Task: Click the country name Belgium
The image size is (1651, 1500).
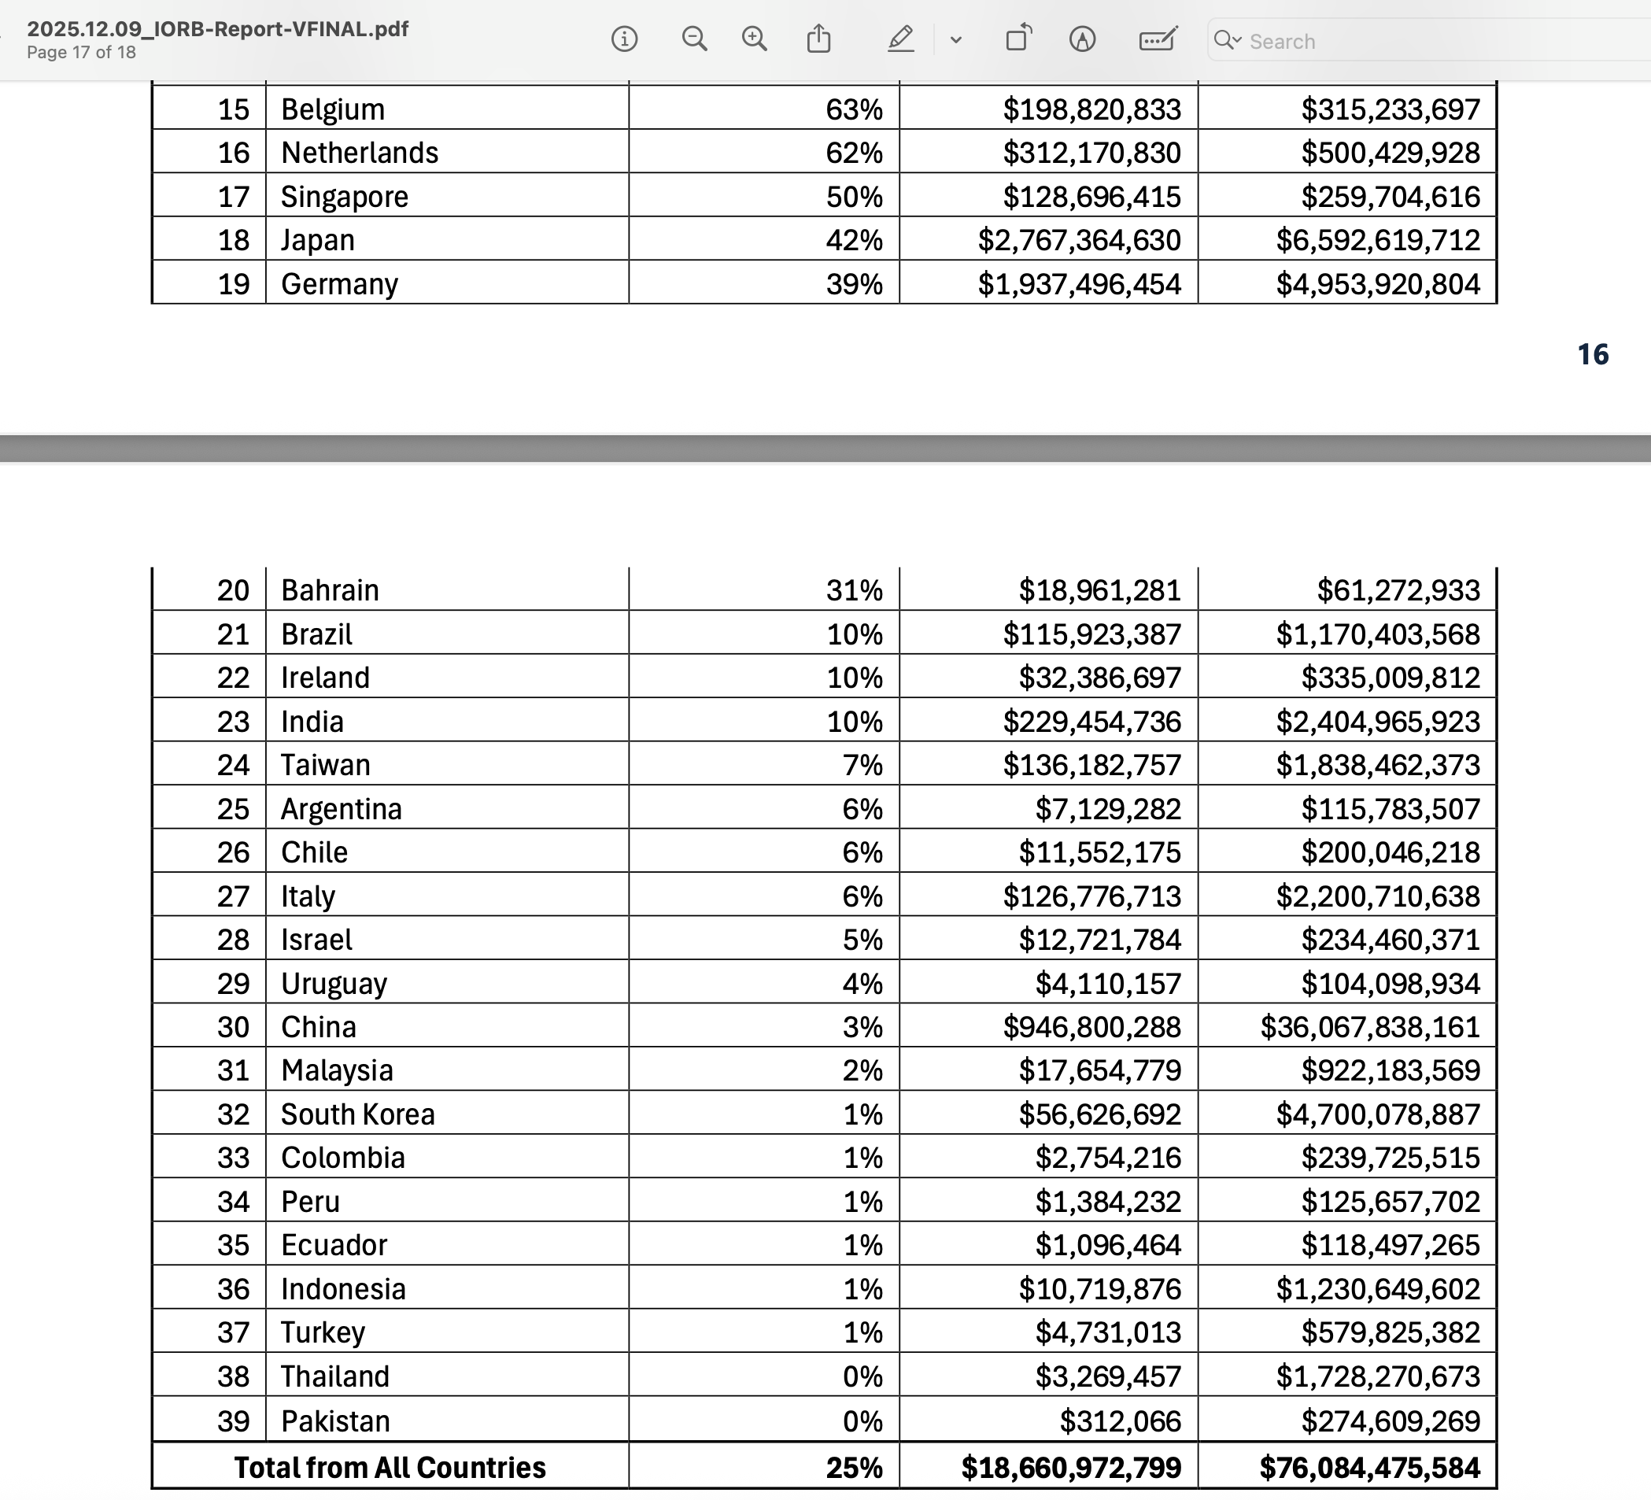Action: point(333,109)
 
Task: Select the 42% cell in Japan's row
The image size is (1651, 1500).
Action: point(853,240)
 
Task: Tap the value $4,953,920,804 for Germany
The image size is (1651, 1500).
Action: point(1377,284)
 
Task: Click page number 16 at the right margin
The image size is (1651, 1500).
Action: point(1592,354)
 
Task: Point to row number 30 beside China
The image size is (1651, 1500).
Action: point(233,1027)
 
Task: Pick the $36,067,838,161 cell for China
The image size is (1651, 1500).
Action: point(1369,1027)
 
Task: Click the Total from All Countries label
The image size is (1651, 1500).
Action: point(390,1467)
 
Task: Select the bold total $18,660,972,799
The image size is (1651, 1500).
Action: point(1070,1467)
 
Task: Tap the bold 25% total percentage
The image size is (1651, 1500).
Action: point(853,1467)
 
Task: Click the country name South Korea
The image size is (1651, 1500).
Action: point(358,1114)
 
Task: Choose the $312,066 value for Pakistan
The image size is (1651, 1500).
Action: point(1120,1421)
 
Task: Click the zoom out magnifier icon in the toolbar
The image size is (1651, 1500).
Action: point(694,39)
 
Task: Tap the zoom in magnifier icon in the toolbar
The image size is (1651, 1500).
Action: point(754,39)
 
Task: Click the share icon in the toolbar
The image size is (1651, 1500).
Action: point(819,39)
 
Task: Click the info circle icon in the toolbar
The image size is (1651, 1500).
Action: point(624,39)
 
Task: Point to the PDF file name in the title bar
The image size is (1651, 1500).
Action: point(218,28)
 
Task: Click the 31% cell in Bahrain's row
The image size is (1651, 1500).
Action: point(853,590)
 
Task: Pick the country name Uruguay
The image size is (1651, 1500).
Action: point(334,984)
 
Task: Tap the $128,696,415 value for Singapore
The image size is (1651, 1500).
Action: point(1091,197)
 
